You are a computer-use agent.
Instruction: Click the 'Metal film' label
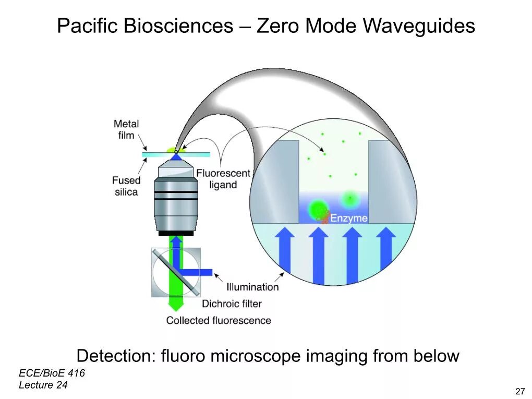(126, 130)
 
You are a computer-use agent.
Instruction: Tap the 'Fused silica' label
(126, 186)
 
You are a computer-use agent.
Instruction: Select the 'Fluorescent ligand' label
(223, 179)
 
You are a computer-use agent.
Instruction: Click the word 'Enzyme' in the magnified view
(348, 218)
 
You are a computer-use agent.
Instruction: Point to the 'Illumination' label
(252, 287)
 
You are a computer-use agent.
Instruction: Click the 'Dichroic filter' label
(232, 304)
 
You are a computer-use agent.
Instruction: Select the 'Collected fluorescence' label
(219, 320)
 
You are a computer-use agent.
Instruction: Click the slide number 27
(519, 392)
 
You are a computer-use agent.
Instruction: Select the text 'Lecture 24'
(43, 385)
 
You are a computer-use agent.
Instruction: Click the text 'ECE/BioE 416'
(52, 373)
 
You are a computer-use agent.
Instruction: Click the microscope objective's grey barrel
(176, 203)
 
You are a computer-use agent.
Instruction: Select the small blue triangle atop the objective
(176, 156)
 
